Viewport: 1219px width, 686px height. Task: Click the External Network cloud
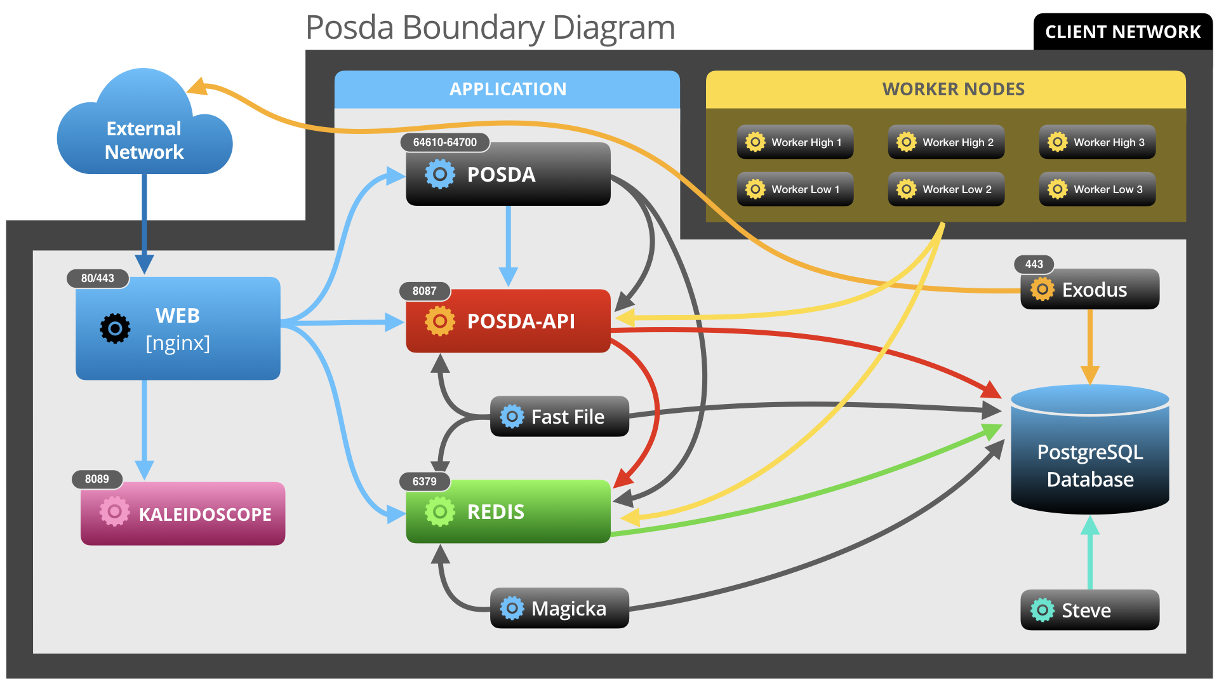tap(144, 137)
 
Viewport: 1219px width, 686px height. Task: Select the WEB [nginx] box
tap(178, 328)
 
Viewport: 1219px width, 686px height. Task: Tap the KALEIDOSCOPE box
tap(183, 513)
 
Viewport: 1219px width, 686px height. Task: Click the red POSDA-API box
tap(508, 321)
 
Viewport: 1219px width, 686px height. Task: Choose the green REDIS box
tap(508, 511)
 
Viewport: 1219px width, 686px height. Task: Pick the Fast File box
tap(559, 417)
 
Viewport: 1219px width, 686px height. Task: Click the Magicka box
tap(559, 608)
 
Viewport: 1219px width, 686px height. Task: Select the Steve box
tap(1089, 610)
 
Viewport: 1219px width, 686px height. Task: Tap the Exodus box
tap(1089, 290)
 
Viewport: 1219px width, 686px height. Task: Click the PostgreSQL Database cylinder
tap(1089, 457)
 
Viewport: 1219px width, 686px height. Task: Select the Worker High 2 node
tap(946, 142)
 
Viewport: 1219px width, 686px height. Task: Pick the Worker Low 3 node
tap(1097, 189)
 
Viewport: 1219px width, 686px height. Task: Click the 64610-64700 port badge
tap(444, 142)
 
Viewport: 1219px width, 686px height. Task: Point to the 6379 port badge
tap(425, 481)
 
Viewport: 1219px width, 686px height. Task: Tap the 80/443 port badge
tap(98, 278)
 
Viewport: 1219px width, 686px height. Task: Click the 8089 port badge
tap(97, 479)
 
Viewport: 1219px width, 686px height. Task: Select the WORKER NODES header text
tap(953, 89)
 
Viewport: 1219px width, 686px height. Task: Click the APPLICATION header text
tap(508, 89)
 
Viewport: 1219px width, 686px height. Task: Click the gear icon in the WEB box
tap(115, 328)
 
